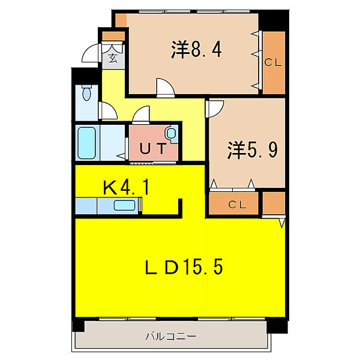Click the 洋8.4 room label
(197, 50)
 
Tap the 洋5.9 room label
(253, 149)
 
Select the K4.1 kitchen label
(127, 188)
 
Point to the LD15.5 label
(185, 267)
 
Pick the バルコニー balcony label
(171, 336)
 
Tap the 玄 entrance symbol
(113, 58)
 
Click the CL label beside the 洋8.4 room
(273, 61)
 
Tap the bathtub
(87, 142)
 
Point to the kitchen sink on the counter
(125, 206)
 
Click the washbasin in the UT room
(172, 133)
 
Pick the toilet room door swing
(107, 112)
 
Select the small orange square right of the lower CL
(274, 203)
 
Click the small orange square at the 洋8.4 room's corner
(121, 19)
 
